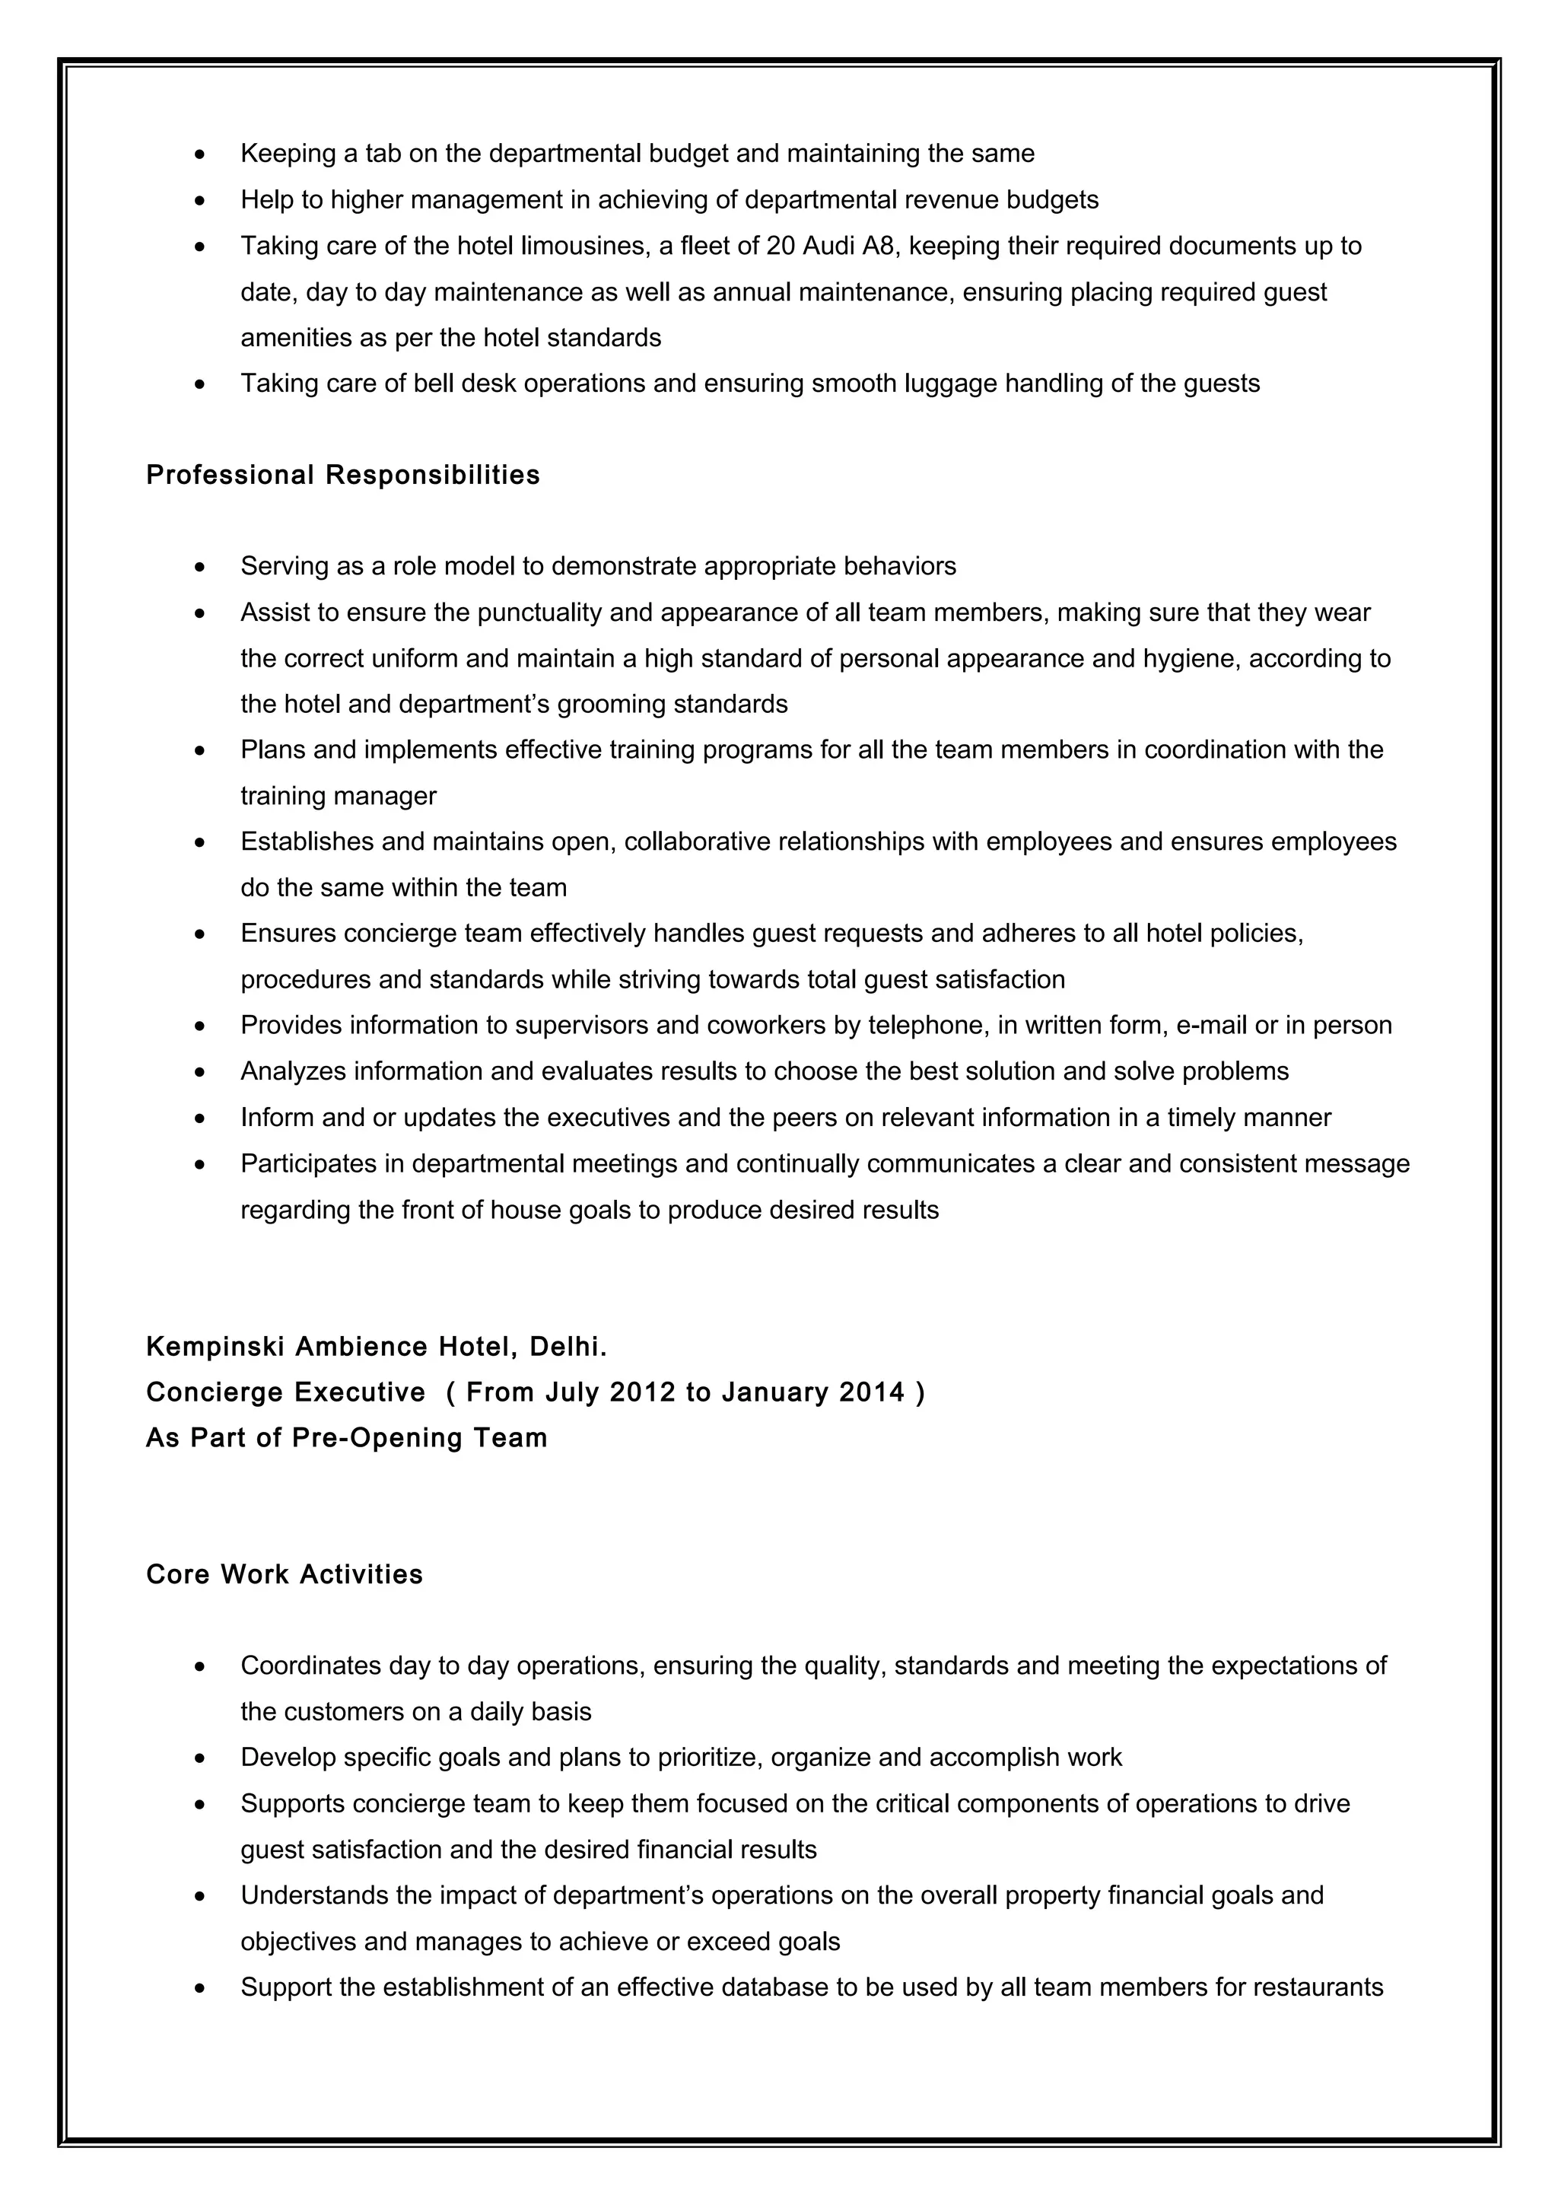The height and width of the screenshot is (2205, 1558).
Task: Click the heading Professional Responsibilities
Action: (342, 476)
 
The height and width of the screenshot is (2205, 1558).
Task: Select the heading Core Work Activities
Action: (285, 1574)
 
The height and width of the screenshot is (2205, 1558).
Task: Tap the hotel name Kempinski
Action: (215, 1347)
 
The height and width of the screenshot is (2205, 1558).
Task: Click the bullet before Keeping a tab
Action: (199, 154)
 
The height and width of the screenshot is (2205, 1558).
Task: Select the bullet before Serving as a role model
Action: (199, 568)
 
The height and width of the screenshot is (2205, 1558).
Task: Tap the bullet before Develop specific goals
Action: (199, 1758)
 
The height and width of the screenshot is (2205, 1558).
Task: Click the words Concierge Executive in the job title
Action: (285, 1392)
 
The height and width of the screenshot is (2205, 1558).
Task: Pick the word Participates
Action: (308, 1163)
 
